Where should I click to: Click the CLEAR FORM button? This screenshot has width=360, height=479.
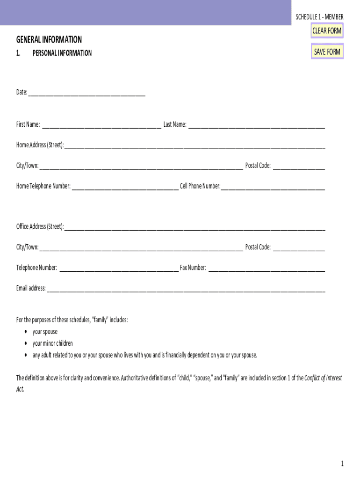point(327,31)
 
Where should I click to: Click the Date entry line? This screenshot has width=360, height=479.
point(86,92)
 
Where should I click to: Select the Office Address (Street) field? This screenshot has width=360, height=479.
point(194,227)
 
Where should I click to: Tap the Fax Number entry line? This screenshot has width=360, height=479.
point(266,268)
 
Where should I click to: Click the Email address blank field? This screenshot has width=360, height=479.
point(186,289)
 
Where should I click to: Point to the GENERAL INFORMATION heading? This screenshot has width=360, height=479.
point(49,40)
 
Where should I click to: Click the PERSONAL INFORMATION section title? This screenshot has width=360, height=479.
point(62,53)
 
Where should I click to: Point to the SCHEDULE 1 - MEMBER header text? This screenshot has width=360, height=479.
point(319,17)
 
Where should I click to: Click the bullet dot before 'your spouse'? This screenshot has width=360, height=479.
point(25,332)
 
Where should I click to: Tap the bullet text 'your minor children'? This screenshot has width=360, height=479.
point(52,343)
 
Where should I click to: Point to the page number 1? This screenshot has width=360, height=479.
point(342,464)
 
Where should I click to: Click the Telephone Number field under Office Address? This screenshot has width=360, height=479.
point(119,268)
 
